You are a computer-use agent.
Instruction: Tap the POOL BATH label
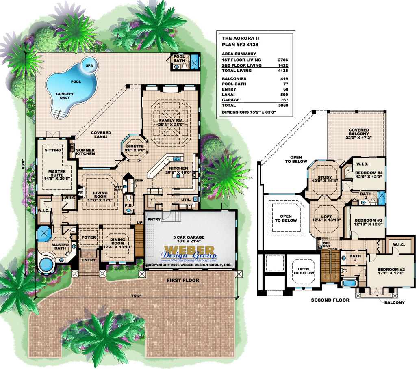tap(179, 58)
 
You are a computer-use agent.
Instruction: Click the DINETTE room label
tap(135, 147)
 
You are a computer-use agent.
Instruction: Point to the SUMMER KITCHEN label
tap(85, 152)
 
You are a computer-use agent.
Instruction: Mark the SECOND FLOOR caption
tap(330, 300)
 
